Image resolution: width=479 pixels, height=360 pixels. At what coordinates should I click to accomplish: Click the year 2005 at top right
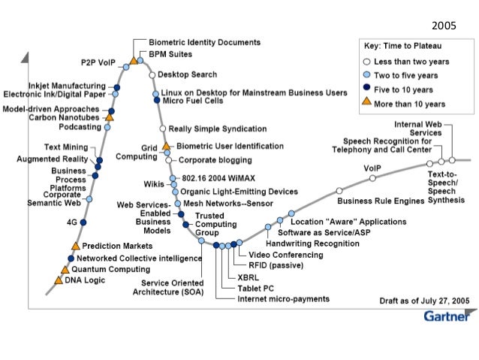(x=444, y=25)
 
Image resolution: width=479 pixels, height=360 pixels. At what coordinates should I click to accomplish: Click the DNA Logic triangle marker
(x=59, y=280)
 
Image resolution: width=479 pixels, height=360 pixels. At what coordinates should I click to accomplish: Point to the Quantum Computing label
(x=104, y=268)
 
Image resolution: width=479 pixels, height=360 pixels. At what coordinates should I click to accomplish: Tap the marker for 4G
(x=83, y=223)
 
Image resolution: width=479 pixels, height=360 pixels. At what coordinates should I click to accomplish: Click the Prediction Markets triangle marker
(x=75, y=246)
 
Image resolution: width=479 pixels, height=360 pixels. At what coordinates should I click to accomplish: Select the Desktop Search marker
(x=152, y=75)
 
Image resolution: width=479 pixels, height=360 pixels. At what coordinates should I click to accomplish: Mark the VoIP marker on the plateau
(x=373, y=180)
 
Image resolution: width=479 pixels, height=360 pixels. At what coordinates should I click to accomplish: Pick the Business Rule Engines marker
(x=339, y=191)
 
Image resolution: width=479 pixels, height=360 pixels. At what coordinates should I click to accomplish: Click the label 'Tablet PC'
(x=255, y=288)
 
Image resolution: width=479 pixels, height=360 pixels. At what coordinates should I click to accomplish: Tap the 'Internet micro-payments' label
(x=283, y=299)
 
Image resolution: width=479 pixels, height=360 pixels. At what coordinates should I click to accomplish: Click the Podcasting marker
(x=107, y=127)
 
